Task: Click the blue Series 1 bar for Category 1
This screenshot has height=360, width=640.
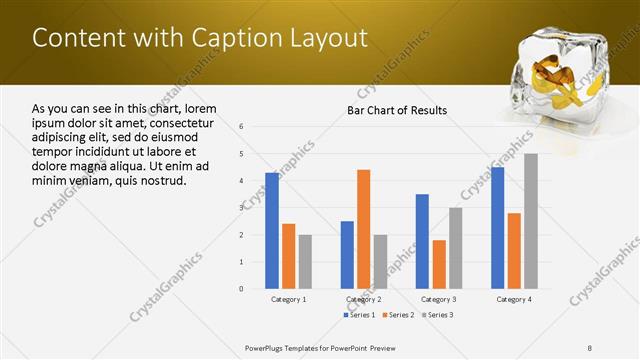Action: click(272, 230)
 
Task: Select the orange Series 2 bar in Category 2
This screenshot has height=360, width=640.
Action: click(363, 229)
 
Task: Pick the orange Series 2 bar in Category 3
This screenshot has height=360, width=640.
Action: click(438, 264)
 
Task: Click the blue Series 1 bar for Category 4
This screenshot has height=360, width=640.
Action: click(497, 227)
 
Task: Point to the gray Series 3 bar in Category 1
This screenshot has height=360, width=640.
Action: click(305, 261)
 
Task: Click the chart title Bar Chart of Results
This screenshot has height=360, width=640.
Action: click(397, 110)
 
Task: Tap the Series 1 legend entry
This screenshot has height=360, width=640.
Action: click(362, 315)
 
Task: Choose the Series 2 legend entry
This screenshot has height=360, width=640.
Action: click(398, 315)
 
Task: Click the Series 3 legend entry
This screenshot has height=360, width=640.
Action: click(435, 315)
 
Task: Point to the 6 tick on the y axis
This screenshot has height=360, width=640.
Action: click(242, 127)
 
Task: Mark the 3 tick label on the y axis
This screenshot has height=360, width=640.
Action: click(242, 208)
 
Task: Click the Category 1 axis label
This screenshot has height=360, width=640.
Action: click(289, 299)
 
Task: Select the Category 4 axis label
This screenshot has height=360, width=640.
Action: click(514, 299)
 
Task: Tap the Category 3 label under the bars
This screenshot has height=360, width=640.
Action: click(439, 299)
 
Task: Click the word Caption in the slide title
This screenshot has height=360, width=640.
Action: click(218, 38)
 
